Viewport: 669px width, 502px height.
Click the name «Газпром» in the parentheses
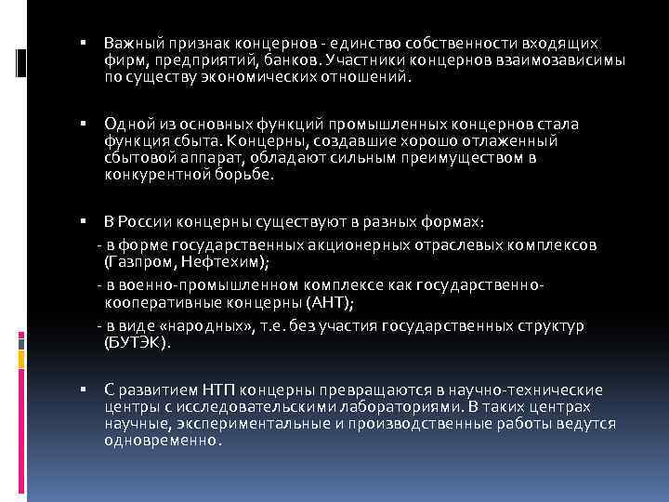tap(139, 262)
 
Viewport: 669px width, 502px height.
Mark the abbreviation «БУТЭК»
tap(137, 343)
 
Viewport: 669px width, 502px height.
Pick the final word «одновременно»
tap(163, 441)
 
